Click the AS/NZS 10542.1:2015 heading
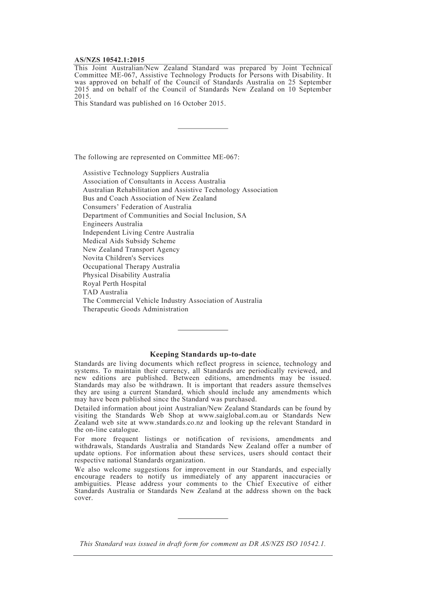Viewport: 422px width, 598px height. pos(109,60)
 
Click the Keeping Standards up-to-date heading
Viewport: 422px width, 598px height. pos(203,354)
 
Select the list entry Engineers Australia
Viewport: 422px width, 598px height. pos(112,224)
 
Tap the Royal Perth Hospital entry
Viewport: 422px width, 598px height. pos(114,284)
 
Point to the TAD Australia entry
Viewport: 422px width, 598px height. pos(105,292)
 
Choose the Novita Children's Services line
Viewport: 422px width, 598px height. pos(123,258)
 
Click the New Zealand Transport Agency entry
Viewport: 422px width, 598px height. pos(131,249)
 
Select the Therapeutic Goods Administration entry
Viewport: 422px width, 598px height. pos(135,309)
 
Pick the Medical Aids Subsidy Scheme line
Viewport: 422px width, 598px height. pos(129,241)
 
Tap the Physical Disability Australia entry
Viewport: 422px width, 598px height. pos(126,275)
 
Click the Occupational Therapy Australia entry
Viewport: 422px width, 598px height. pos(131,266)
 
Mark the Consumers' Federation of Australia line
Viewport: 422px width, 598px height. pos(137,207)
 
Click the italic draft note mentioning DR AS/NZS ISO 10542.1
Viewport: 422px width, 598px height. pos(203,543)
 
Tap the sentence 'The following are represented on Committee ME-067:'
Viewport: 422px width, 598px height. pos(157,157)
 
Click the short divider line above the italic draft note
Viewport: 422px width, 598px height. pos(203,518)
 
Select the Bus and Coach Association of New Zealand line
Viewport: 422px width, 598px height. pos(149,198)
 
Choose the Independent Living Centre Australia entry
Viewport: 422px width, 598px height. pos(138,233)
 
